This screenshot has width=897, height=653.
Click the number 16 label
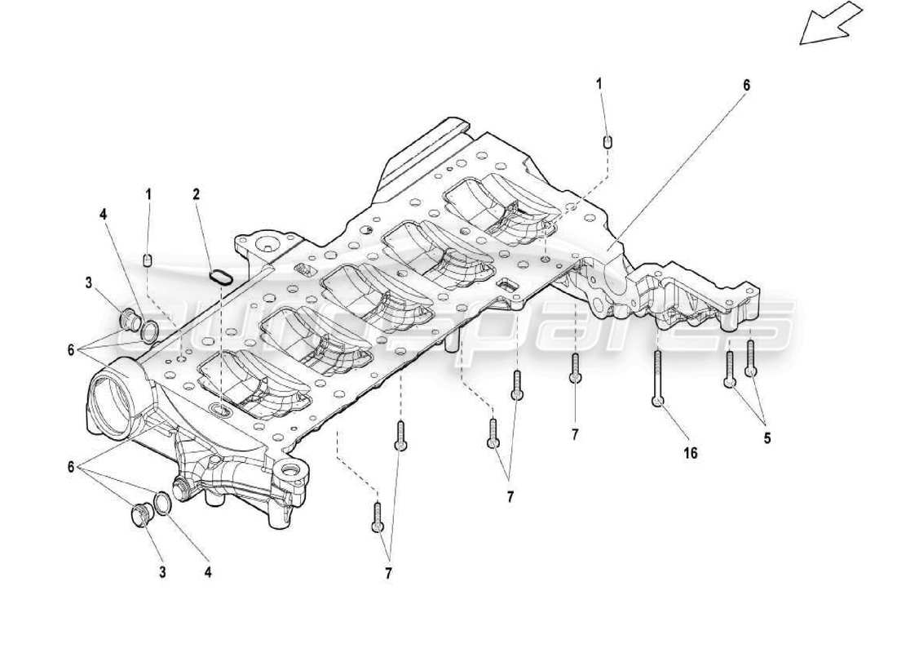[690, 453]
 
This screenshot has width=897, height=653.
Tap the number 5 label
[767, 438]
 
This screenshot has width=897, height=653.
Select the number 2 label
[196, 194]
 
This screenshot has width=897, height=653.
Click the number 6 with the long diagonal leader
[745, 85]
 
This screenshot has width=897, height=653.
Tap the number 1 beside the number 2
[148, 194]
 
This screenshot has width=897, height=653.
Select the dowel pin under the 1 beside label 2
[148, 260]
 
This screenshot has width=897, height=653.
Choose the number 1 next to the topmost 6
[599, 83]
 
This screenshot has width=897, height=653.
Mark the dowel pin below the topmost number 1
[606, 143]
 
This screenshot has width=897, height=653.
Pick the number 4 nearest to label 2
[103, 215]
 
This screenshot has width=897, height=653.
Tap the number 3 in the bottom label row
[162, 572]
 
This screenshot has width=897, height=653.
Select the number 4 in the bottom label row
[208, 572]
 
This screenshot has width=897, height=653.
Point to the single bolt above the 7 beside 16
[575, 368]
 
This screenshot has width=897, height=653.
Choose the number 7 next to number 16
[575, 435]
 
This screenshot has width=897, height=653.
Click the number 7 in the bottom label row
[388, 574]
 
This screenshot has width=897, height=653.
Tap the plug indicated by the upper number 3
[129, 319]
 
